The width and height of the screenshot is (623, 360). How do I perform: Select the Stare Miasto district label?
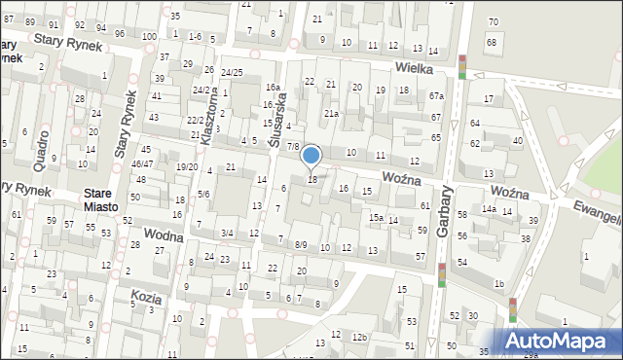(x=100, y=200)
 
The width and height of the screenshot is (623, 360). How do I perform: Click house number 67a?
(x=437, y=95)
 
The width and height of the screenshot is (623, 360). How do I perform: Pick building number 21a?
(x=332, y=114)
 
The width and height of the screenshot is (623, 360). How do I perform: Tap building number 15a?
(x=375, y=218)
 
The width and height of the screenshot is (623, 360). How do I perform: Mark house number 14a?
(x=488, y=209)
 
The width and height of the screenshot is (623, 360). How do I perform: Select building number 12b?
(x=360, y=337)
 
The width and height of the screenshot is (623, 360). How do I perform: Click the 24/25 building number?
(x=231, y=73)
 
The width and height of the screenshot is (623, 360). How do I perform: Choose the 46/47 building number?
(x=142, y=164)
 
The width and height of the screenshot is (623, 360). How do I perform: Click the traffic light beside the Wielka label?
(x=462, y=66)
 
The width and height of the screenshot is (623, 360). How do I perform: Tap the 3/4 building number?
(x=227, y=233)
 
